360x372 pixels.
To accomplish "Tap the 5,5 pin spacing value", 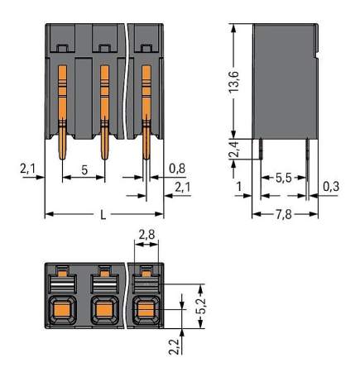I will click(283, 176).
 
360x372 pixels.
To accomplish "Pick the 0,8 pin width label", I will click(175, 168).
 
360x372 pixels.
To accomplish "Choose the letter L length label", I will click(103, 216).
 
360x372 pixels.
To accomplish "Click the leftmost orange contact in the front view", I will click(63, 107).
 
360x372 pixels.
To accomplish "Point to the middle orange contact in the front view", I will click(104, 107).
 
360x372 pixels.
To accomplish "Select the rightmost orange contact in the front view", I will click(146, 107).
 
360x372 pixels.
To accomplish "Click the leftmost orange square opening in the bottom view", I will click(63, 312).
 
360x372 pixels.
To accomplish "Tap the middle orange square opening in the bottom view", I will click(104, 312).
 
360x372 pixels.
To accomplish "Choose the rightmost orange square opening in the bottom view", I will click(145, 312).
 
